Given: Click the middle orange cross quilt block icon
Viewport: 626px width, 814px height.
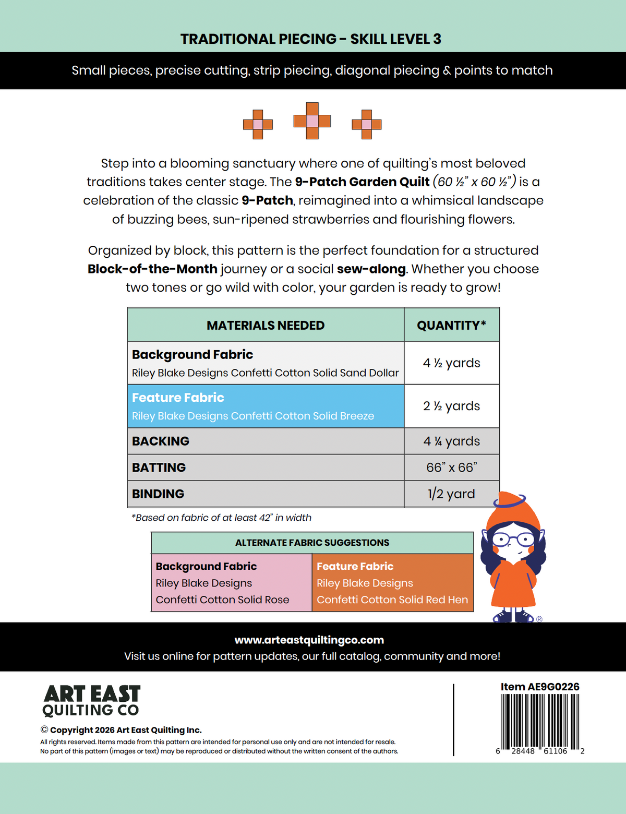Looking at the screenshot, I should pos(312,121).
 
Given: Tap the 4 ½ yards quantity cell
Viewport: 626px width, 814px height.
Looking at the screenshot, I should pos(452,363).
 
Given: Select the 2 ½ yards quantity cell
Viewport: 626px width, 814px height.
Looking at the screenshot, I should pos(452,406).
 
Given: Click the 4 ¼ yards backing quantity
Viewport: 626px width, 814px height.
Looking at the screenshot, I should pos(452,441).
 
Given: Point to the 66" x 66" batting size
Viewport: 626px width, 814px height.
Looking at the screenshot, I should pos(452,468).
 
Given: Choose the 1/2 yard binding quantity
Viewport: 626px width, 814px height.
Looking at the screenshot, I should pos(452,494).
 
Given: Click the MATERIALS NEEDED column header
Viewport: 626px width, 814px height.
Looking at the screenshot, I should pos(266,325).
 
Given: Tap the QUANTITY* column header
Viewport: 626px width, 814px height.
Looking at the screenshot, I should pos(452,325).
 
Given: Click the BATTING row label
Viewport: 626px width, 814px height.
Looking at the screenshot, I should pos(159,468).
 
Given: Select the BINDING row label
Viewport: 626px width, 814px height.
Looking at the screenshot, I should pos(158,494).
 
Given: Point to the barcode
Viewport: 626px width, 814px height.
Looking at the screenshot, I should pos(540,722).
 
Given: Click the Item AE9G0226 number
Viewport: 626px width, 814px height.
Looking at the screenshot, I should pos(540,687).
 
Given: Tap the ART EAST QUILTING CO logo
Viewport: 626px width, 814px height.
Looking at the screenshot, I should pos(91,701).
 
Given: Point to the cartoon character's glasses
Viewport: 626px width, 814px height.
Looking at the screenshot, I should pos(512,540).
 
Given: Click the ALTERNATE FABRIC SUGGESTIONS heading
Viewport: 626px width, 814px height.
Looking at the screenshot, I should pos(312,543).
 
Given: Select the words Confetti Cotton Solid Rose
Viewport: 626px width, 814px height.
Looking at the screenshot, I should pos(222,600).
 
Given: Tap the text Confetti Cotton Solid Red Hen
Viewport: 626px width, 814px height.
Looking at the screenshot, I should pos(392,600).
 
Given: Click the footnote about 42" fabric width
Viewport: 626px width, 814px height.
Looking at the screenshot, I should pos(221,518).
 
